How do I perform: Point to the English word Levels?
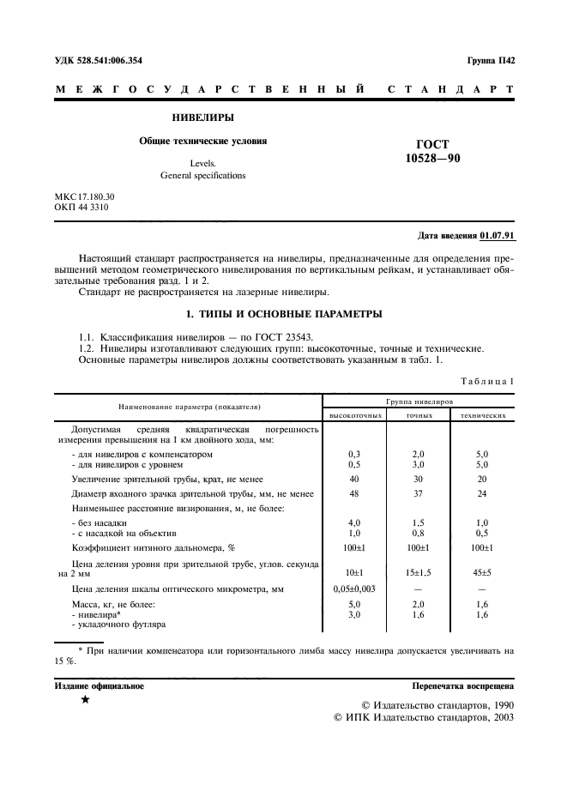point(203,162)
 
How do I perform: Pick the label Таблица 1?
point(487,381)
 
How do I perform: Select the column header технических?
point(481,414)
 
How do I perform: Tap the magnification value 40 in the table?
point(353,480)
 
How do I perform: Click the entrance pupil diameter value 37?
point(419,494)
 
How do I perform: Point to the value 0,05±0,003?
point(353,589)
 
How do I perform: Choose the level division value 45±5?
point(481,572)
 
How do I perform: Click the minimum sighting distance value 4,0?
point(353,522)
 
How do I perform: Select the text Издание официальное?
point(100,686)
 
